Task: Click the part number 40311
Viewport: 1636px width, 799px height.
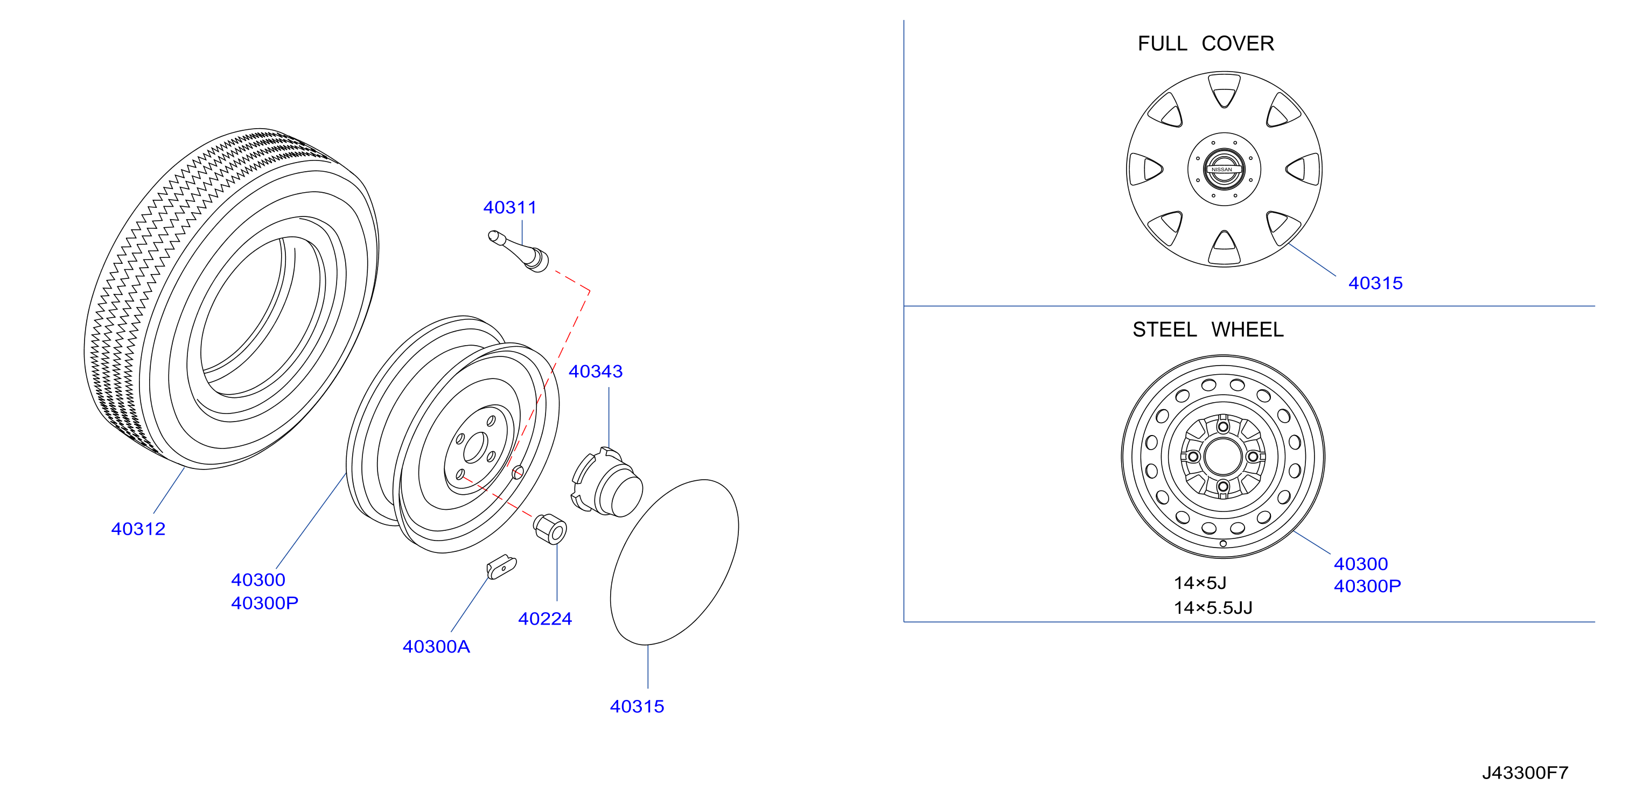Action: tap(510, 208)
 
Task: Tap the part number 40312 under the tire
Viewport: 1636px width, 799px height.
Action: tap(138, 529)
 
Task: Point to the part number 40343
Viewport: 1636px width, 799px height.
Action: tap(596, 372)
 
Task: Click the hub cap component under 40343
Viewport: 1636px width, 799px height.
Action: tap(606, 483)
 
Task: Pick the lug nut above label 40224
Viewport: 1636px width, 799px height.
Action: tap(550, 528)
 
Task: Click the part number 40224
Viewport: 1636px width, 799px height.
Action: tap(545, 619)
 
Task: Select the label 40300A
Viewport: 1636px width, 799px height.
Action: tap(436, 647)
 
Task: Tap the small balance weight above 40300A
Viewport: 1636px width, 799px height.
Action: tap(502, 566)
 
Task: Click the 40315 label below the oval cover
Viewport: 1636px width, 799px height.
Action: tap(637, 706)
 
